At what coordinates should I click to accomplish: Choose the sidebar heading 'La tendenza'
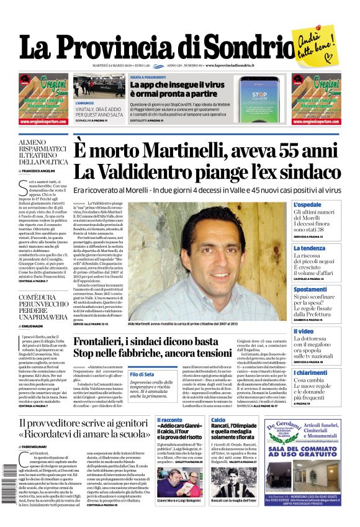point(309,248)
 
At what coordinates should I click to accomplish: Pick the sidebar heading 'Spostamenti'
point(310,289)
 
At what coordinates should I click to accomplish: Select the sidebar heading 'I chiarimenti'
point(311,372)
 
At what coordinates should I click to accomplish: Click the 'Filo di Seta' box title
point(142,374)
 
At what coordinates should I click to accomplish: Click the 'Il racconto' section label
point(169,420)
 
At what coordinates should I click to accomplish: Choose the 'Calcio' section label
point(218,420)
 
